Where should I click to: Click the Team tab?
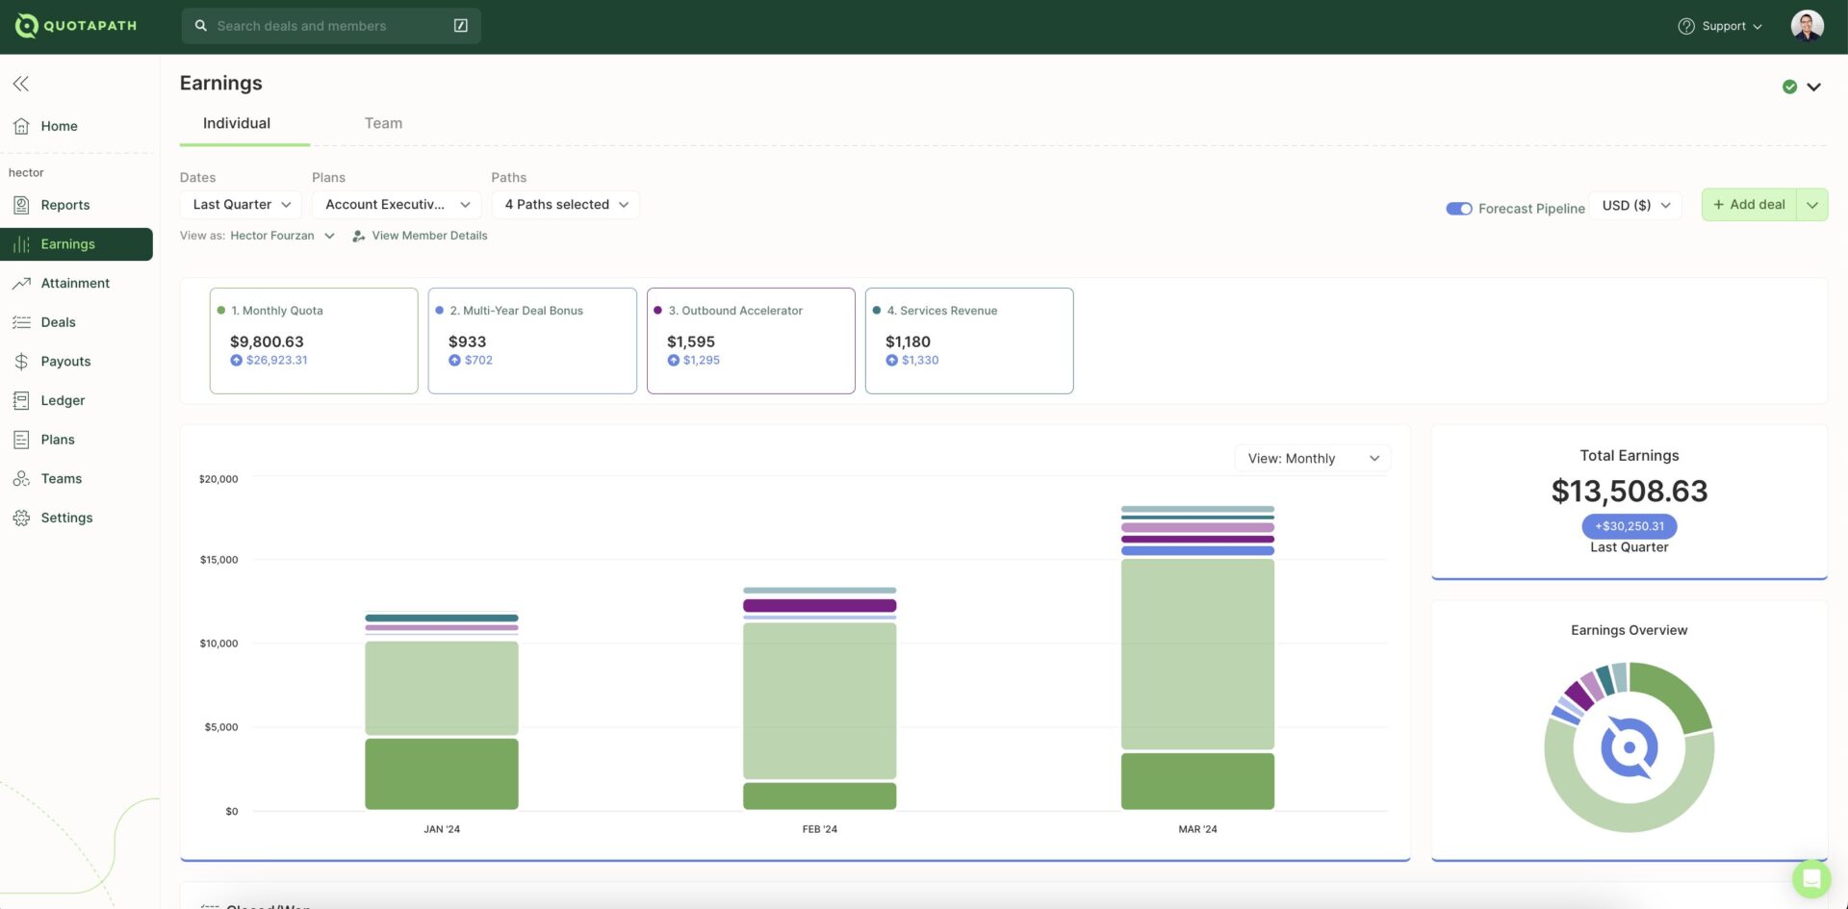point(383,123)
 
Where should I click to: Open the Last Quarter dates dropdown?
point(241,204)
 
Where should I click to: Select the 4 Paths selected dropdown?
point(566,204)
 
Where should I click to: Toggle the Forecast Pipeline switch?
point(1458,209)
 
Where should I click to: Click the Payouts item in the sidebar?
point(65,362)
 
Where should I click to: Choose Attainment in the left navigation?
point(75,283)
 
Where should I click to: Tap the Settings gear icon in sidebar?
point(21,518)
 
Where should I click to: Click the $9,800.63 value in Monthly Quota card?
point(267,341)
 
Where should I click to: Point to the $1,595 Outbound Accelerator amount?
point(690,341)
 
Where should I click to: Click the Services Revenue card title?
point(948,311)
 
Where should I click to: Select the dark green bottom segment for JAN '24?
point(442,773)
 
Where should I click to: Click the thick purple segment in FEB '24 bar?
point(819,606)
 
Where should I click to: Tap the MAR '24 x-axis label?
point(1197,829)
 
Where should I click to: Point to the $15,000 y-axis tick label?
point(218,560)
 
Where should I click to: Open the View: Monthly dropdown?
point(1312,459)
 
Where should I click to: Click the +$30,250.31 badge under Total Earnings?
point(1629,526)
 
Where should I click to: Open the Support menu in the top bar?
point(1722,26)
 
